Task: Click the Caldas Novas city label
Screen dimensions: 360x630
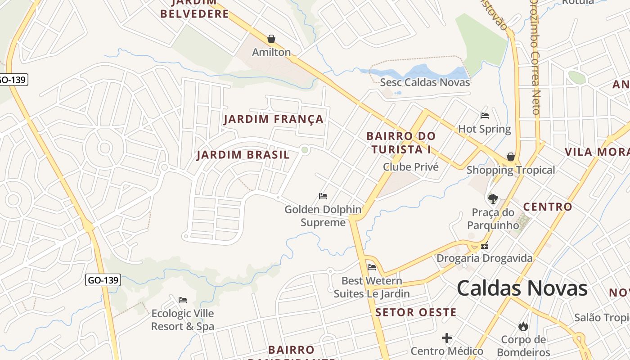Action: point(522,288)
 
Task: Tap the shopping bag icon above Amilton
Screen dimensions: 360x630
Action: point(271,39)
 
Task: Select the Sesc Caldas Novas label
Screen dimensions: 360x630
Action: point(425,82)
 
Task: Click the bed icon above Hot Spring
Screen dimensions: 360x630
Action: point(485,116)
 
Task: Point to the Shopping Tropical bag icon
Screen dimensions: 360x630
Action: point(511,157)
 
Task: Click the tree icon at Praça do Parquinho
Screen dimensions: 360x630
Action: point(493,198)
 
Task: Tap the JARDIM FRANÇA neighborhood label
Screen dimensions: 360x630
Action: point(274,119)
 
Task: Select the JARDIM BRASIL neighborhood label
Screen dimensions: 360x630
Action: point(243,155)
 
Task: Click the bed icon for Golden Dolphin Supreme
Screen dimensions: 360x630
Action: point(323,196)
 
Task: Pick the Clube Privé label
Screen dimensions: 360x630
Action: point(410,167)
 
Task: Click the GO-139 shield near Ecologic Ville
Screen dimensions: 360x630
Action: point(103,280)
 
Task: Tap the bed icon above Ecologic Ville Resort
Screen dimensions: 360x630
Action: point(183,300)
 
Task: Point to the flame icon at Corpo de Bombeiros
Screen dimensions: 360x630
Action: point(523,326)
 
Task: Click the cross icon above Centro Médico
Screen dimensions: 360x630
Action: point(447,337)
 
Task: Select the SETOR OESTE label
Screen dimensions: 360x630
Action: point(416,312)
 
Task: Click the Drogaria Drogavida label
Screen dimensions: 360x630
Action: point(485,258)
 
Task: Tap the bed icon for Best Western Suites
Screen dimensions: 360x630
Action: point(372,267)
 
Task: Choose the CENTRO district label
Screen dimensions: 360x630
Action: point(547,207)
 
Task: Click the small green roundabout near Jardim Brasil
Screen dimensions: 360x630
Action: point(305,150)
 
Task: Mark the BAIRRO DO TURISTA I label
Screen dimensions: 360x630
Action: point(401,142)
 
